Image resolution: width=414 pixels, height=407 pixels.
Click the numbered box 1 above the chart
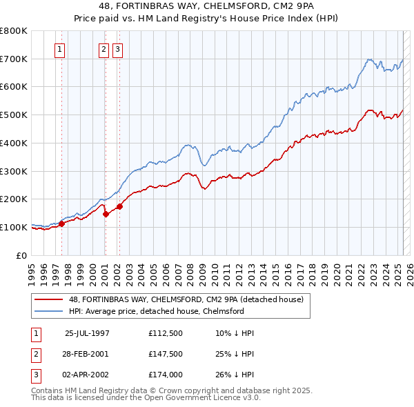pos(59,49)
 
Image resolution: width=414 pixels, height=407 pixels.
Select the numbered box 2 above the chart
pos(103,49)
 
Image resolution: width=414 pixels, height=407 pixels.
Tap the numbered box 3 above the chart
pos(118,49)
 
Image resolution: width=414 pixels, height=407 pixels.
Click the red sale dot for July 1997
pos(61,224)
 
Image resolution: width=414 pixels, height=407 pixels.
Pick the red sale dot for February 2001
pos(106,214)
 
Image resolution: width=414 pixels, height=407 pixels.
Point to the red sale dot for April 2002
pos(119,206)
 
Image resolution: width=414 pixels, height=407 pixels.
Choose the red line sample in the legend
pos(50,299)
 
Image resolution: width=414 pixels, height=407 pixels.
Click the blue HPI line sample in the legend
pos(50,311)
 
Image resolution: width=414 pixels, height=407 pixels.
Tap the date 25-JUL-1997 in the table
pos(87,332)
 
